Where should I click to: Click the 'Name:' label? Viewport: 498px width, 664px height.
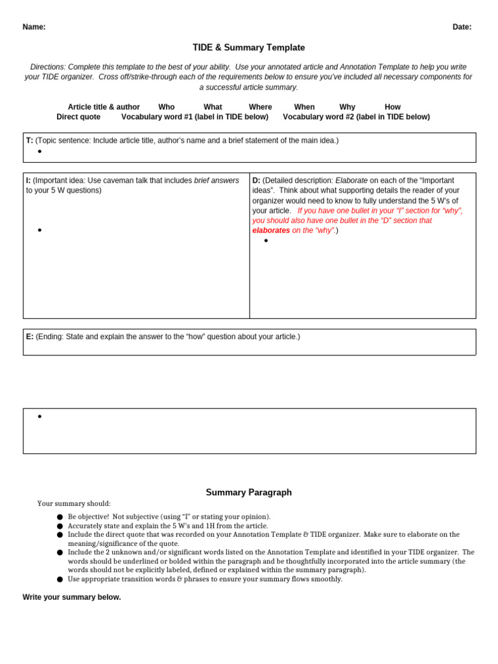(x=34, y=27)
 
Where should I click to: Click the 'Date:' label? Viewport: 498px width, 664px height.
(x=462, y=27)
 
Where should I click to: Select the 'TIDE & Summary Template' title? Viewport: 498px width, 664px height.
(x=248, y=48)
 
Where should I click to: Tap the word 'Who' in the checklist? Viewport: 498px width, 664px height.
(x=167, y=107)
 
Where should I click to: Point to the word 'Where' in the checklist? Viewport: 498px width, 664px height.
(x=260, y=107)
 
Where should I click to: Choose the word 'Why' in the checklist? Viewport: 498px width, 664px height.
(x=347, y=107)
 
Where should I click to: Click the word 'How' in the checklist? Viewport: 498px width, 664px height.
(x=392, y=107)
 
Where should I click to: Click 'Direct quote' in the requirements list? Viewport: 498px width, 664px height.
(x=78, y=117)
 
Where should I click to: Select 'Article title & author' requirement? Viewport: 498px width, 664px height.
(x=104, y=107)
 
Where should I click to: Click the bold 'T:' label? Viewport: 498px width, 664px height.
(x=30, y=141)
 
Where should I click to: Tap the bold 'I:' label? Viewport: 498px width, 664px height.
(x=29, y=181)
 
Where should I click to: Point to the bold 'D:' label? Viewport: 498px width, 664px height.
(x=256, y=181)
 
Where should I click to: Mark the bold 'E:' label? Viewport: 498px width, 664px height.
(x=30, y=337)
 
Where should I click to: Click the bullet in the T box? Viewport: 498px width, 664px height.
(x=40, y=152)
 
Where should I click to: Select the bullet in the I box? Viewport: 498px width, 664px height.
(x=40, y=230)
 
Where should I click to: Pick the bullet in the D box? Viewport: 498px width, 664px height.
(x=266, y=241)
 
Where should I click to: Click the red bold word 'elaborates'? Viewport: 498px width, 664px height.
(x=271, y=230)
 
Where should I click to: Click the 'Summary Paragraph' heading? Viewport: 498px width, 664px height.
(x=248, y=493)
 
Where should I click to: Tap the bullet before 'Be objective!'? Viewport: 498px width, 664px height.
(x=60, y=517)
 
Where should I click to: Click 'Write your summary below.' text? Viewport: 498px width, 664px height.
(x=71, y=597)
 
